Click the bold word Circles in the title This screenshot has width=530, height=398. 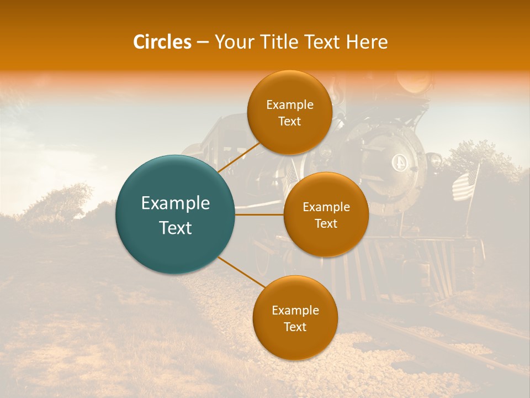click(162, 42)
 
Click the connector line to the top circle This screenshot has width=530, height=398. click(239, 156)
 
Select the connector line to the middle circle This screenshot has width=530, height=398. click(259, 214)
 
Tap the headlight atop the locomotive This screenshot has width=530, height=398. click(415, 82)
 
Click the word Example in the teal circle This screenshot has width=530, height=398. click(176, 203)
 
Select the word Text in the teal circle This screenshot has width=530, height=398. click(176, 228)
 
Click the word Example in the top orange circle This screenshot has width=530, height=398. click(290, 105)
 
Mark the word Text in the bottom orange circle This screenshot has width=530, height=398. click(295, 327)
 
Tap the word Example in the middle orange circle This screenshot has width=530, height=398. click(326, 207)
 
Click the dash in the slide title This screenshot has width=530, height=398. click(203, 43)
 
